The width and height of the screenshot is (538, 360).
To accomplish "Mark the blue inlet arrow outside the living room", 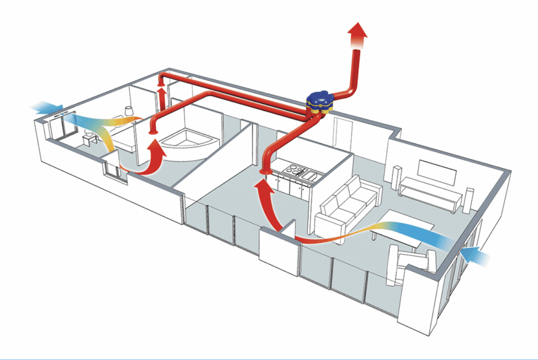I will click(476, 255).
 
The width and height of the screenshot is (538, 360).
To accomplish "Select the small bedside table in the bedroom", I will click(89, 140).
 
